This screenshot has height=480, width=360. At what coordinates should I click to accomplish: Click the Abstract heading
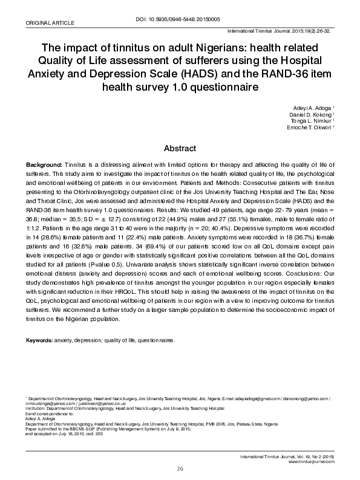pyautogui.click(x=180, y=148)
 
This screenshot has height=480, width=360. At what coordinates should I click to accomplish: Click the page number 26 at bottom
pyautogui.click(x=180, y=469)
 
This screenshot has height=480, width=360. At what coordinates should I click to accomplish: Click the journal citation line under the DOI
pyautogui.click(x=280, y=30)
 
